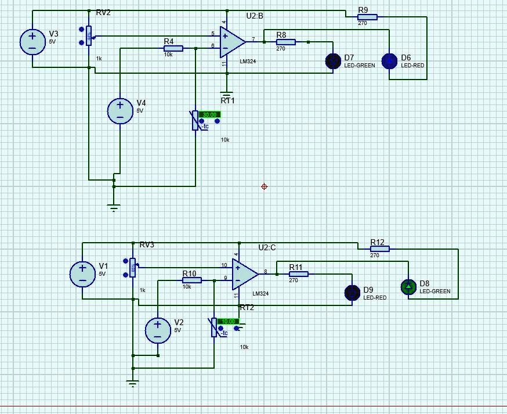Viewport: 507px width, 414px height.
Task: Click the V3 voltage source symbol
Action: (x=32, y=42)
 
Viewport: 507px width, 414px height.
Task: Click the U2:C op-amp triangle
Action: (x=244, y=274)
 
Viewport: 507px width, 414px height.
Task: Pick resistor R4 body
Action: (x=173, y=49)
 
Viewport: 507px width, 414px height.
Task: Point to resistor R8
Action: (x=285, y=42)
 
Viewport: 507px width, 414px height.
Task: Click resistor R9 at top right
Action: (x=367, y=17)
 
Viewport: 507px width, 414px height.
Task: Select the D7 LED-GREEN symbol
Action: (x=333, y=61)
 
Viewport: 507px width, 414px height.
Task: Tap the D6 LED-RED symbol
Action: (x=389, y=61)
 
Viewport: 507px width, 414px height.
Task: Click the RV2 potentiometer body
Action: (x=89, y=36)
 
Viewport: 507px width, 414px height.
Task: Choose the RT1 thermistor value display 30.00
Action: (x=209, y=114)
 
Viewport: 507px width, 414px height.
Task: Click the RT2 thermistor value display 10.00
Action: (x=228, y=321)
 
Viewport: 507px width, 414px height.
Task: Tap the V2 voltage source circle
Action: (x=157, y=330)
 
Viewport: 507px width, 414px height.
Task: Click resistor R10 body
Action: (x=191, y=280)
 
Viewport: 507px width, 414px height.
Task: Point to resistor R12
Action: (x=379, y=249)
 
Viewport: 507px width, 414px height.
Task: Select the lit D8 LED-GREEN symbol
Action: (x=408, y=286)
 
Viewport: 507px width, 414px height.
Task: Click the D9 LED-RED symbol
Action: (x=352, y=293)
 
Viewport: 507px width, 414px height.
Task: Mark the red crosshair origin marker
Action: (x=265, y=186)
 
